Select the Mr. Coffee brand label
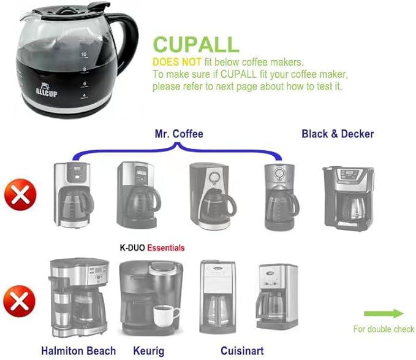pos(179,133)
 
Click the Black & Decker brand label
pos(338,133)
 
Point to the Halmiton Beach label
pos(78,351)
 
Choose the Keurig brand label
pos(148,351)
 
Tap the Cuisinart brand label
pos(242,351)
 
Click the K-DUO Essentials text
pos(151,248)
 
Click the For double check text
pos(384,329)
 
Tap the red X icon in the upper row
pos(20,197)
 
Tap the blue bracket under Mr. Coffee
pos(178,147)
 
